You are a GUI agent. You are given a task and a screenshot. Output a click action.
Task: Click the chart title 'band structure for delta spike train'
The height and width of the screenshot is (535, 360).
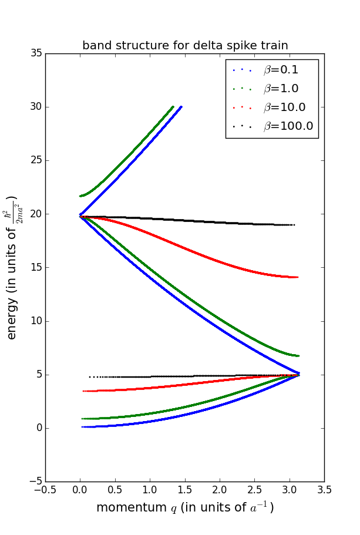[185, 45]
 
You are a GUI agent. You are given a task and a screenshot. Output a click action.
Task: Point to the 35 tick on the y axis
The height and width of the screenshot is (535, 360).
[36, 53]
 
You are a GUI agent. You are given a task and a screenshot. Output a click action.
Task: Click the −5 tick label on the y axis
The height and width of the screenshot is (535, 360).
[34, 482]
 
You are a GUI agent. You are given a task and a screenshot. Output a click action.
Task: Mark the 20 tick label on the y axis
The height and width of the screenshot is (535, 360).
[36, 214]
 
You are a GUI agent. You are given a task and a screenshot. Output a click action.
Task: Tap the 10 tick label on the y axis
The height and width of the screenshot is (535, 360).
[36, 321]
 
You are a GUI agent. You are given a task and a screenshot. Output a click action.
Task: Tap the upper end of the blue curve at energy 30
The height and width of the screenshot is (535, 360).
[181, 107]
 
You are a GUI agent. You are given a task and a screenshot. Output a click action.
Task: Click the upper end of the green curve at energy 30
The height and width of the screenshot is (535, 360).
[173, 107]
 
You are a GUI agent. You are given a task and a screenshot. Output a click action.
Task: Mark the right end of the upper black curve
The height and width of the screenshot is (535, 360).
[294, 225]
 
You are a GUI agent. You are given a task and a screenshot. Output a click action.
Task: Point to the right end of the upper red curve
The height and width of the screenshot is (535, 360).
[298, 277]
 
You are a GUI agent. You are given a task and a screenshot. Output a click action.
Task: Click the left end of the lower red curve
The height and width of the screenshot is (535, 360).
[84, 391]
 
